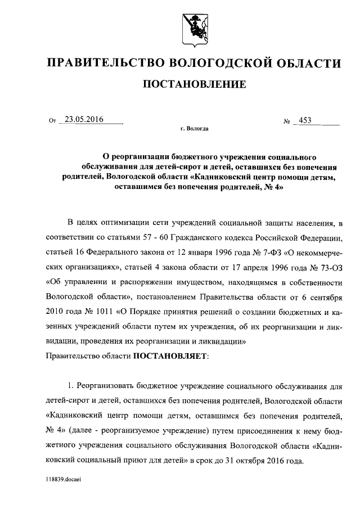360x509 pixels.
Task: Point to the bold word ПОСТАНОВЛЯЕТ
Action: click(x=170, y=356)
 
